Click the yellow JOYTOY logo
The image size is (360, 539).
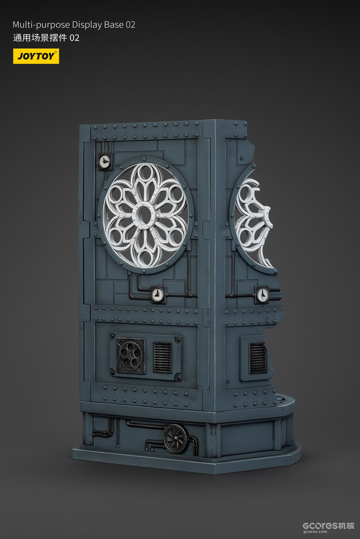click(x=36, y=56)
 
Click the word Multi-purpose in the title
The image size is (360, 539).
click(x=41, y=25)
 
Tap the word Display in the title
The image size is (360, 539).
click(x=85, y=25)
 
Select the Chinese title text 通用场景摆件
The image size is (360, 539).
click(x=40, y=38)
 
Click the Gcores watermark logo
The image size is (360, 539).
click(x=328, y=527)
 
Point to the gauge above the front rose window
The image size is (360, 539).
click(x=105, y=160)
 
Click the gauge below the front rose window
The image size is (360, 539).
click(x=158, y=294)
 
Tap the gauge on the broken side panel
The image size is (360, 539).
click(x=262, y=295)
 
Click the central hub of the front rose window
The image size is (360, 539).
click(x=145, y=215)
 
